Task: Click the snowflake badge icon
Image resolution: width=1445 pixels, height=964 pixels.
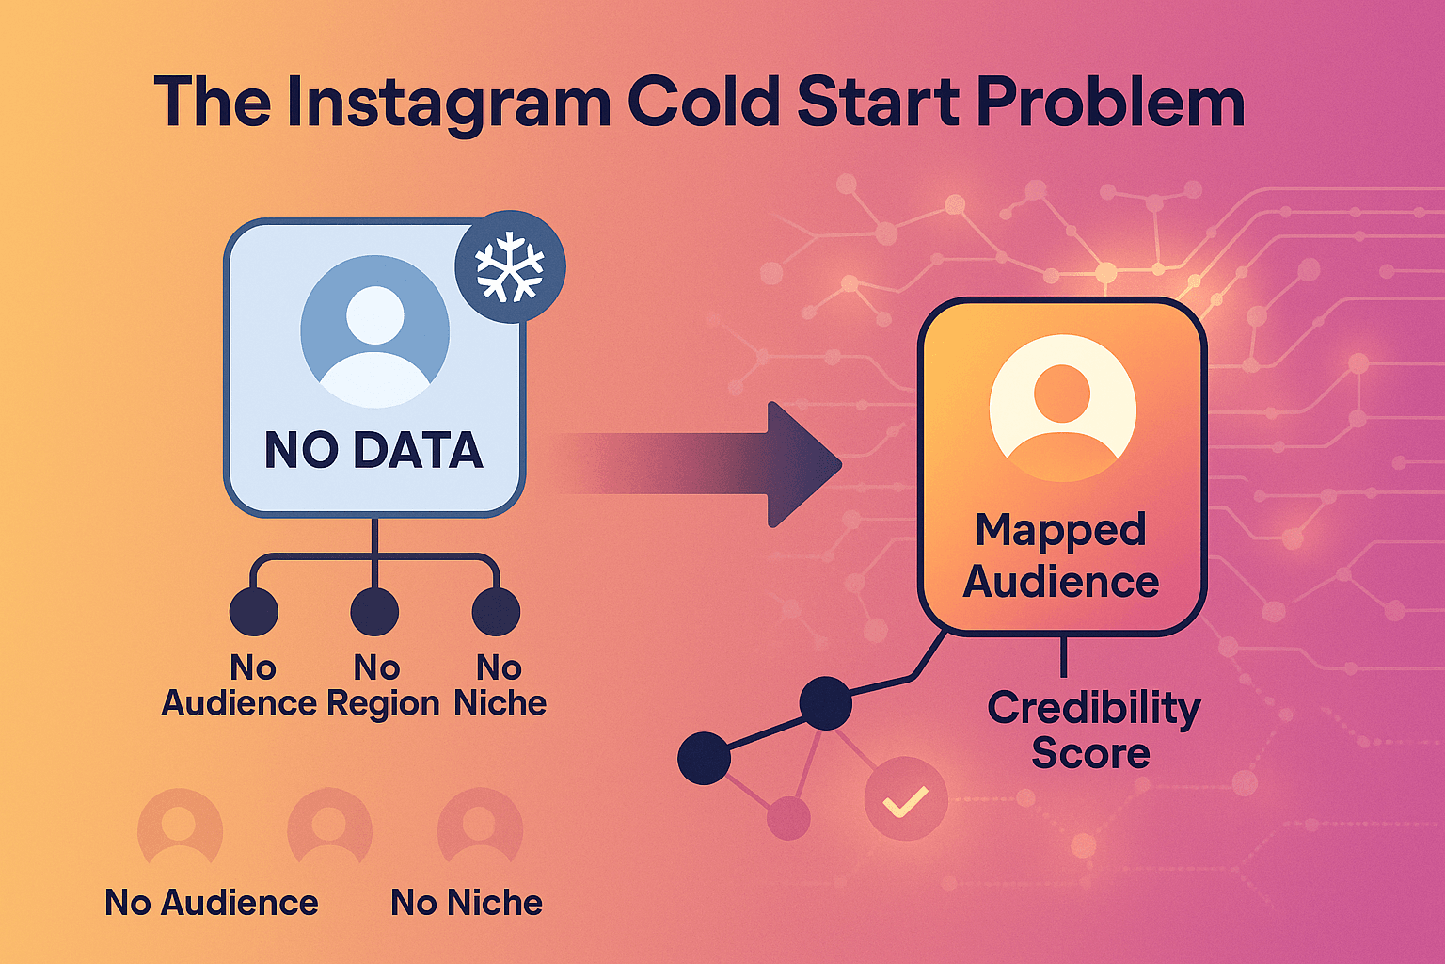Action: click(x=510, y=266)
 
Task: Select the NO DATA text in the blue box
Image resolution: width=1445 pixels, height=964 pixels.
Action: click(x=373, y=450)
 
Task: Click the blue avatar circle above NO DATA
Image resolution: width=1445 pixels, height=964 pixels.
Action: click(x=374, y=330)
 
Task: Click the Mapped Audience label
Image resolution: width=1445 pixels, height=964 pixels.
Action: click(x=1061, y=555)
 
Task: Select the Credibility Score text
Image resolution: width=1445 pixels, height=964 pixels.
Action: click(x=1093, y=730)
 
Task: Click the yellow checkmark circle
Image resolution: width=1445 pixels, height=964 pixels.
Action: click(x=905, y=799)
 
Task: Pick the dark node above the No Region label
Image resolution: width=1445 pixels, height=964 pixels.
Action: click(x=374, y=612)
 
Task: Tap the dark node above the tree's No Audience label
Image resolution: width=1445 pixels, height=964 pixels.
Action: click(x=253, y=612)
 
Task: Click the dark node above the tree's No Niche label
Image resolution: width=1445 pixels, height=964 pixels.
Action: click(x=496, y=612)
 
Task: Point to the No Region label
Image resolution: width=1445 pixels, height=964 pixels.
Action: click(x=381, y=685)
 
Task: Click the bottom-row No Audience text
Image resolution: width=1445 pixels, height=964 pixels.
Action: click(x=212, y=902)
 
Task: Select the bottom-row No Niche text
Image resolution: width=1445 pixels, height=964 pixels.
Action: click(x=467, y=902)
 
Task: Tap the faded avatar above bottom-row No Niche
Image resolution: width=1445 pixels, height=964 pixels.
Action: click(x=480, y=827)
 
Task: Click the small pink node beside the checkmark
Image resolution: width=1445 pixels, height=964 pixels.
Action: click(x=788, y=817)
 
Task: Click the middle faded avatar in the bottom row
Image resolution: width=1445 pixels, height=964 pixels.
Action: click(x=329, y=827)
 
